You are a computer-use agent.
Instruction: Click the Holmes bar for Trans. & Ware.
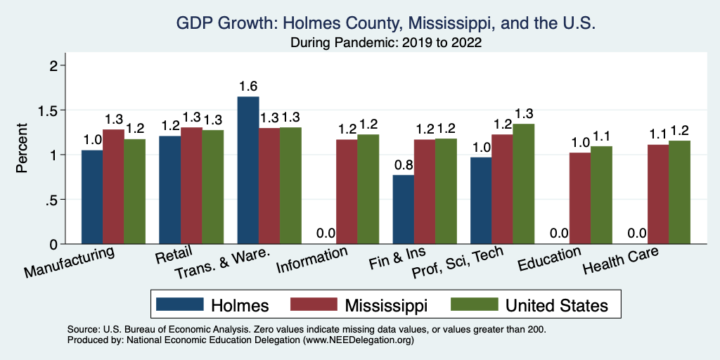coord(248,170)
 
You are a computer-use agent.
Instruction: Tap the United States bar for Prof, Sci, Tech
coord(524,184)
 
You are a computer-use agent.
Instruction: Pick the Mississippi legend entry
coord(366,304)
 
